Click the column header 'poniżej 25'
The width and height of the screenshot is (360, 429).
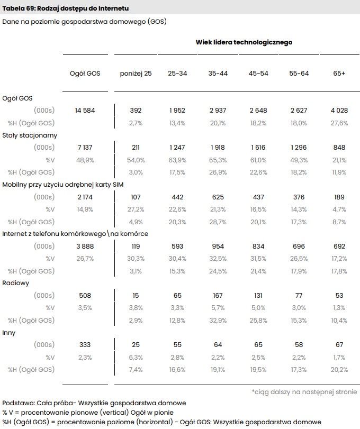(x=136, y=74)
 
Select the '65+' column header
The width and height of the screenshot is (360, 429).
(x=339, y=74)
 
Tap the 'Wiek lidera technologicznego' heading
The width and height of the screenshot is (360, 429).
(x=244, y=42)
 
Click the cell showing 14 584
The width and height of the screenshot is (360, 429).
(x=85, y=110)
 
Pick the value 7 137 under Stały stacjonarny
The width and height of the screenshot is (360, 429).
(x=85, y=147)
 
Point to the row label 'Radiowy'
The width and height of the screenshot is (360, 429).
(x=15, y=283)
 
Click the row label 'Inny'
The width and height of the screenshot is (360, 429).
(x=9, y=333)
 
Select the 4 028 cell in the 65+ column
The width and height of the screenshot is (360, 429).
(x=339, y=110)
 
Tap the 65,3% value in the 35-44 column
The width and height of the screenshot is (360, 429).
(x=218, y=160)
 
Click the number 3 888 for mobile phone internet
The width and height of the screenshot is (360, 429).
(x=85, y=246)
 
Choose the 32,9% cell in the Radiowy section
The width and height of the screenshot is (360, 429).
(x=218, y=320)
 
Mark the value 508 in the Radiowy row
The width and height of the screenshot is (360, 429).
(x=85, y=296)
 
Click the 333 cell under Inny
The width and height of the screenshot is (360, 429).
(x=85, y=345)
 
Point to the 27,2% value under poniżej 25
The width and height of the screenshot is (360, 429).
(x=136, y=209)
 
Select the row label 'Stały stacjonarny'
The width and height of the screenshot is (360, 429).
(x=30, y=135)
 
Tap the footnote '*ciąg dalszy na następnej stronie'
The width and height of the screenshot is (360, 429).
(x=304, y=392)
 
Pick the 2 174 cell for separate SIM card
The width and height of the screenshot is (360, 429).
(x=85, y=197)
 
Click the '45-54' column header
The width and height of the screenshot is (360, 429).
(x=258, y=74)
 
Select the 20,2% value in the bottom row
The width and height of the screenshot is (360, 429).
(x=339, y=370)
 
